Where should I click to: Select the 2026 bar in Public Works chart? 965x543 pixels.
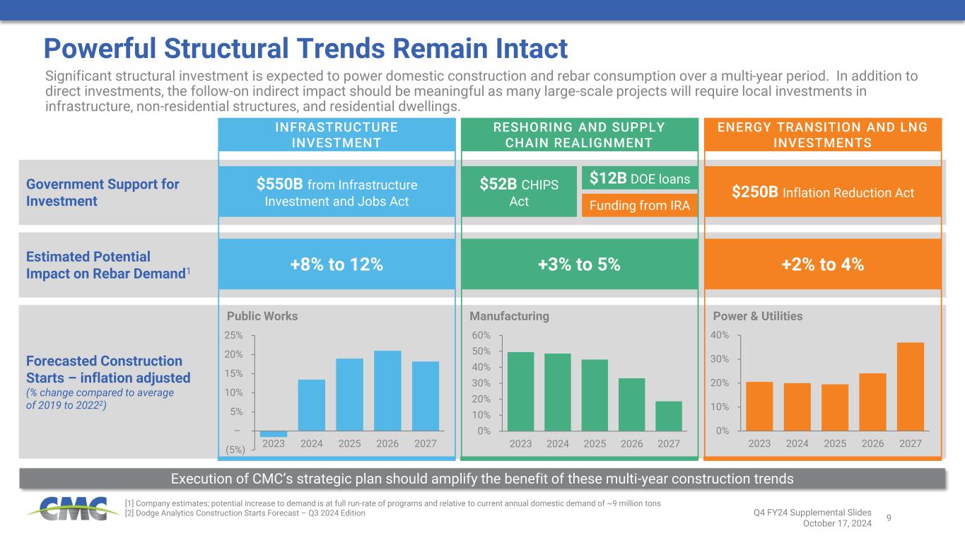click(387, 390)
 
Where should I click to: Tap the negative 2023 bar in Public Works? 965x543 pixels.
click(274, 433)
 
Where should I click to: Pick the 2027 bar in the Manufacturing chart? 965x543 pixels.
click(669, 416)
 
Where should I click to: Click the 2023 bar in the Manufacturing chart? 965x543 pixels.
click(521, 391)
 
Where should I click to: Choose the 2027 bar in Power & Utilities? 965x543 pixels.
click(911, 386)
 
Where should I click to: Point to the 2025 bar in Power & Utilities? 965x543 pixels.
click(835, 407)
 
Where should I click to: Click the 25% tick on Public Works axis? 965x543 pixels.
click(234, 335)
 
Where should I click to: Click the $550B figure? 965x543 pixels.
click(281, 185)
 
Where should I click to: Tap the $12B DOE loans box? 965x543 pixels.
click(639, 179)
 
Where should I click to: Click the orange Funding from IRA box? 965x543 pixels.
click(639, 206)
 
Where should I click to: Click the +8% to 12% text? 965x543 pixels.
click(337, 264)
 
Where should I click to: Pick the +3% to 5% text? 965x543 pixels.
click(580, 264)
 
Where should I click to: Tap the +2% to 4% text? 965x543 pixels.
click(822, 264)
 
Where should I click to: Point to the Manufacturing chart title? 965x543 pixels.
click(509, 316)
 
